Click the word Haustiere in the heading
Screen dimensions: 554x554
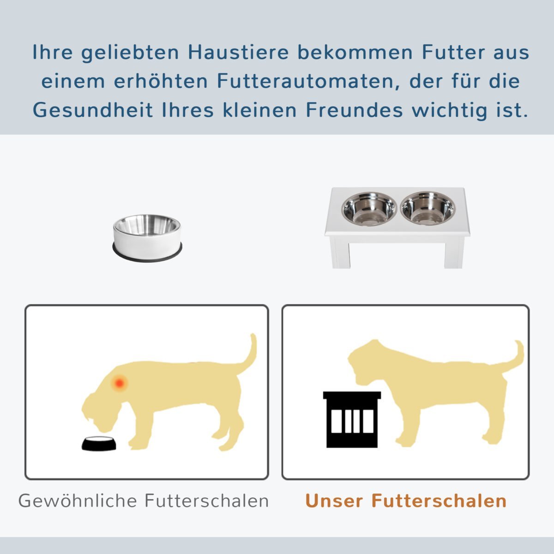pos(238,53)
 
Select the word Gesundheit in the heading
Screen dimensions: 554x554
pos(92,110)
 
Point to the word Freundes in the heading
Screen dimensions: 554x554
pos(354,110)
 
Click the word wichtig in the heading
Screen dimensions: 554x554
pos(449,111)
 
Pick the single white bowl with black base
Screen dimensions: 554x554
pos(147,238)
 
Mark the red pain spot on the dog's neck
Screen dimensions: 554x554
pos(119,383)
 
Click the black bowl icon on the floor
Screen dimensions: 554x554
pos(99,444)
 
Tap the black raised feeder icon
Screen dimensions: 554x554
pos(352,420)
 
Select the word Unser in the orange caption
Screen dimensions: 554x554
pos(334,501)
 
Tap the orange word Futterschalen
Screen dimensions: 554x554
pos(439,501)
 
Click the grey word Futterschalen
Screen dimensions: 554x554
pos(207,501)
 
